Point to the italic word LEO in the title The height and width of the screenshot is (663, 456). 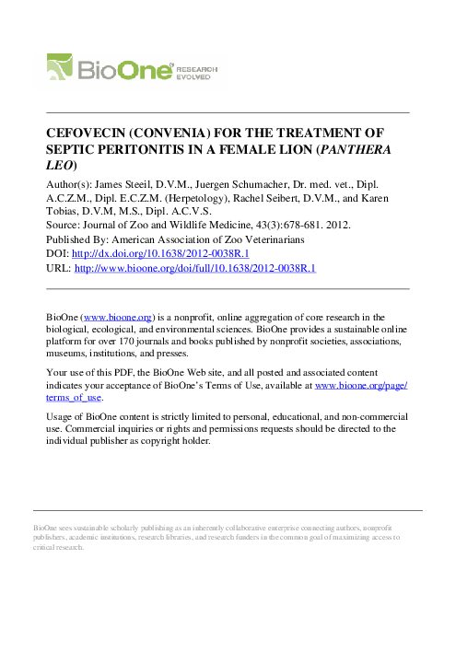click(59, 166)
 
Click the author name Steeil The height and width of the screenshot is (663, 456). click(137, 184)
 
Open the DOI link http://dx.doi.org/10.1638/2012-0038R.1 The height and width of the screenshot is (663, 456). click(163, 253)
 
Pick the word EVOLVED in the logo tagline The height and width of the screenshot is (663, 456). click(195, 76)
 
